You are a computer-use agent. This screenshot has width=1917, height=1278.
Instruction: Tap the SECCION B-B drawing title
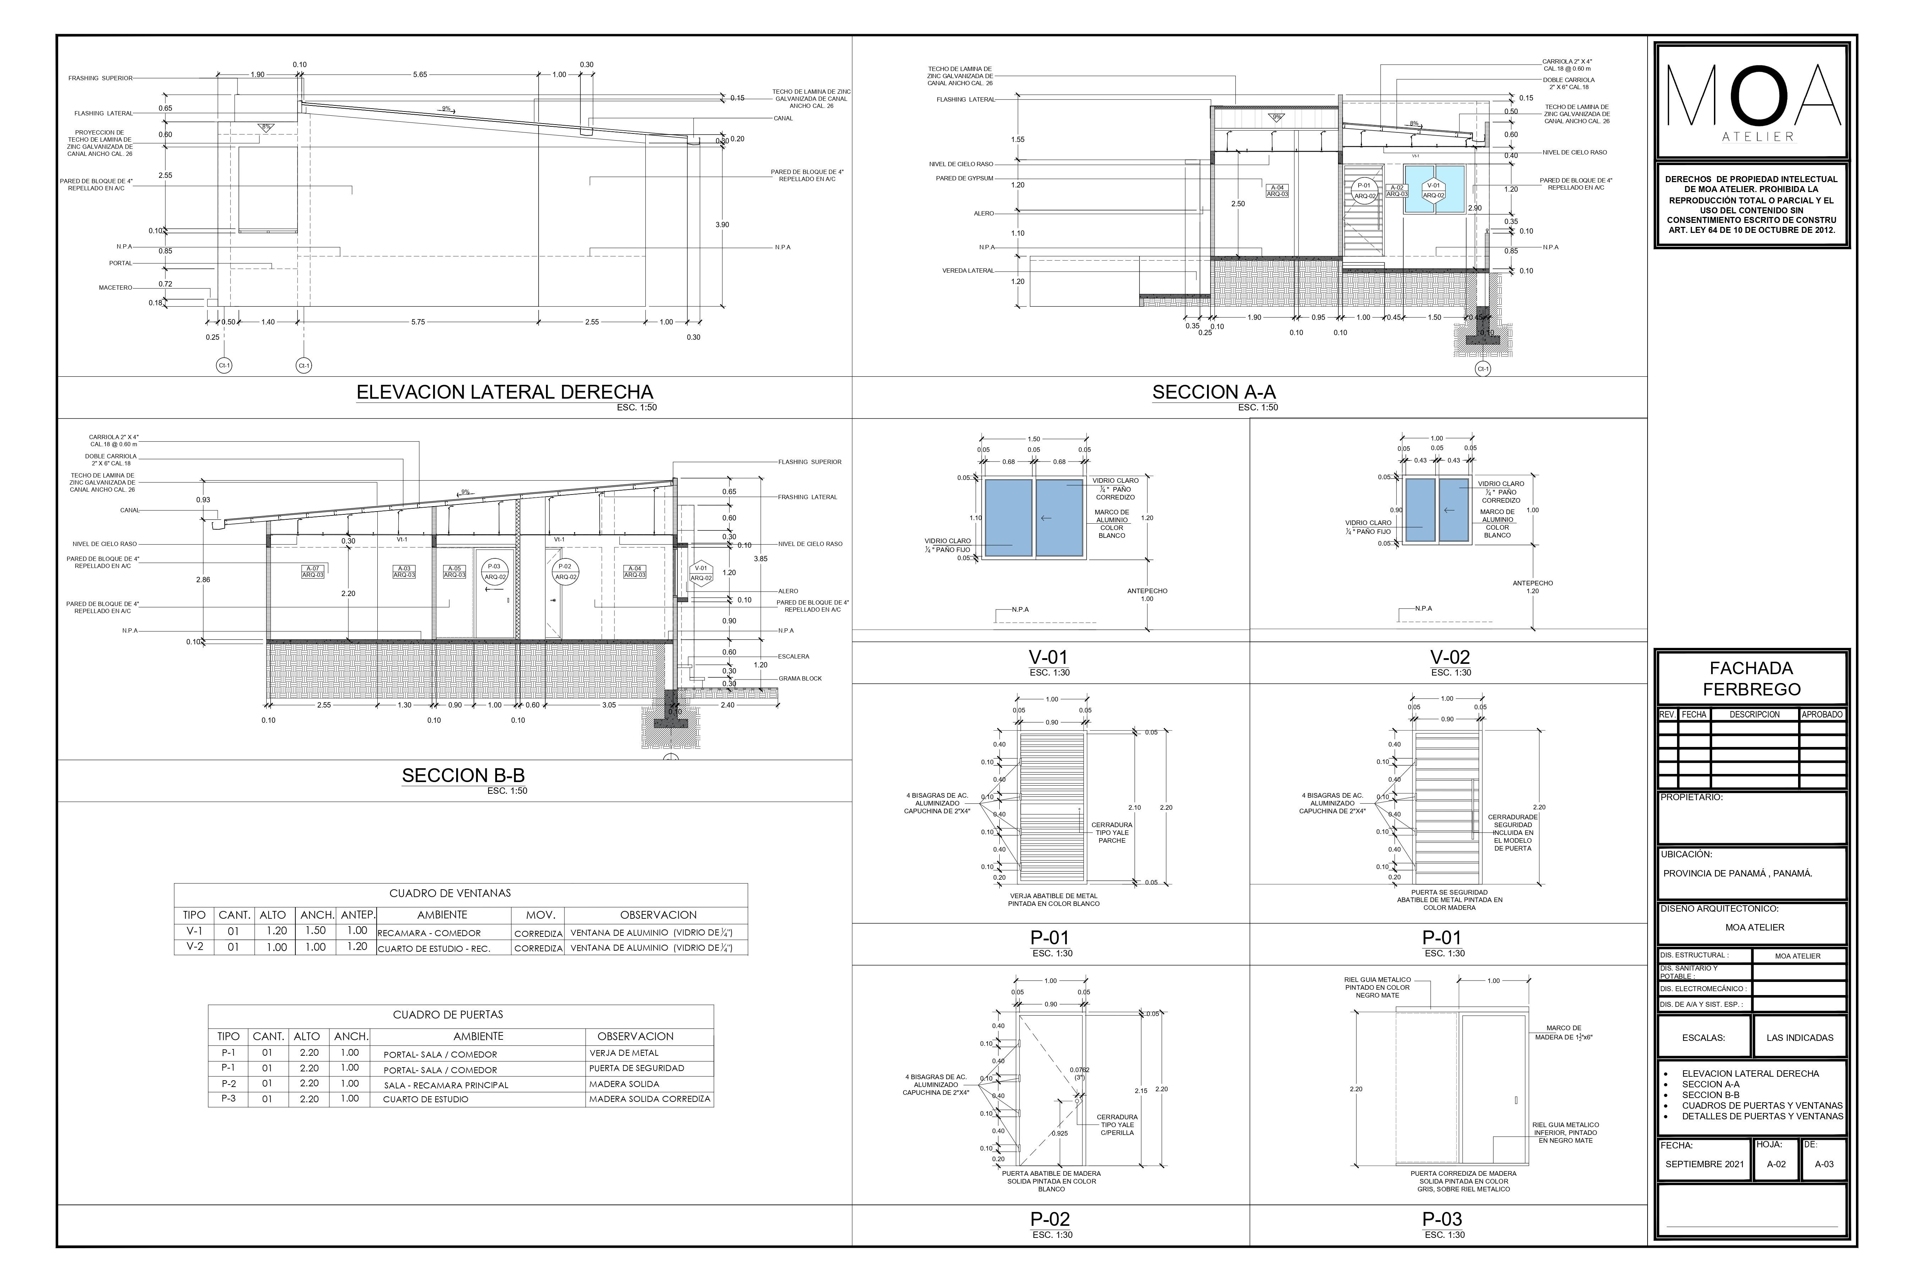click(463, 775)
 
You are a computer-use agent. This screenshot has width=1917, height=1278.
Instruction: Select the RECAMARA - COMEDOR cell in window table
click(440, 933)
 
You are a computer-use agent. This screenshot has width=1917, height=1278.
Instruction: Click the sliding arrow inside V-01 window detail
click(1047, 518)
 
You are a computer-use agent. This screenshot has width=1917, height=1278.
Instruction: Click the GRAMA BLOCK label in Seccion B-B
click(799, 678)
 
